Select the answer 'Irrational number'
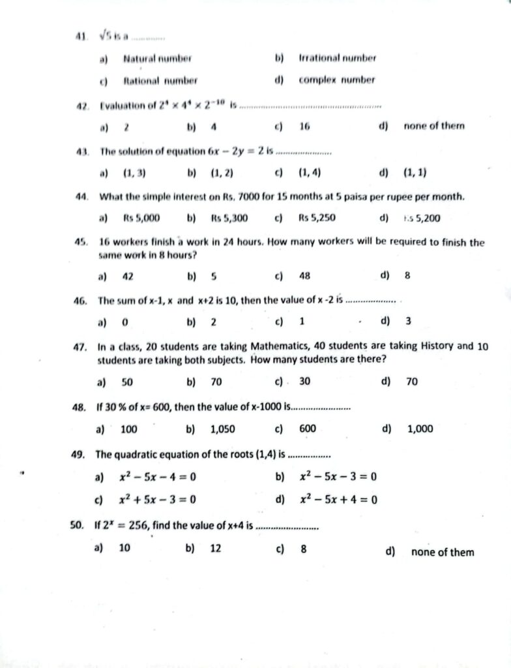click(337, 58)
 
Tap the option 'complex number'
click(337, 80)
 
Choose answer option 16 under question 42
click(304, 126)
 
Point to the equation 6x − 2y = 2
click(235, 151)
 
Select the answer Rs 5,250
click(317, 218)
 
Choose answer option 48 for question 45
click(304, 275)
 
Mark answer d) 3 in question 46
click(407, 321)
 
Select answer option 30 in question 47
click(304, 382)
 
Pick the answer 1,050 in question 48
click(223, 429)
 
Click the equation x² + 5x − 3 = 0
click(158, 500)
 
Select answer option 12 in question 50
click(216, 549)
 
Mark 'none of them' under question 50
click(443, 552)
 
